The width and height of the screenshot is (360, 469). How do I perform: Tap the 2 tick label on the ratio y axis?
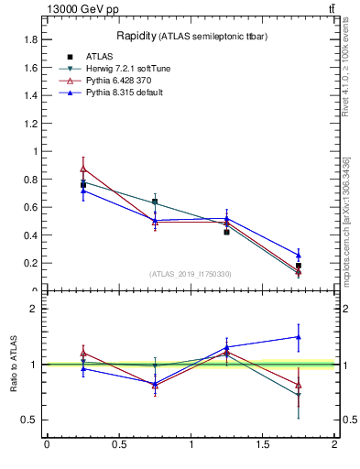(x=33, y=309)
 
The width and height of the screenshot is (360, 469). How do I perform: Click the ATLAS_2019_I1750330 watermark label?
(x=191, y=274)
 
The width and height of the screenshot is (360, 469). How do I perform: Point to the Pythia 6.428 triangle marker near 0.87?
(x=83, y=169)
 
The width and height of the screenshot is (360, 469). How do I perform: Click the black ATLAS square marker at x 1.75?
(x=299, y=266)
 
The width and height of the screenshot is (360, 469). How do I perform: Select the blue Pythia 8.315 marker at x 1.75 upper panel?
(x=299, y=256)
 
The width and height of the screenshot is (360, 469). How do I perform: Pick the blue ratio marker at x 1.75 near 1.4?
(x=299, y=336)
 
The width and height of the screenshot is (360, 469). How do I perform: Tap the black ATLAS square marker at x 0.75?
(x=155, y=202)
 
